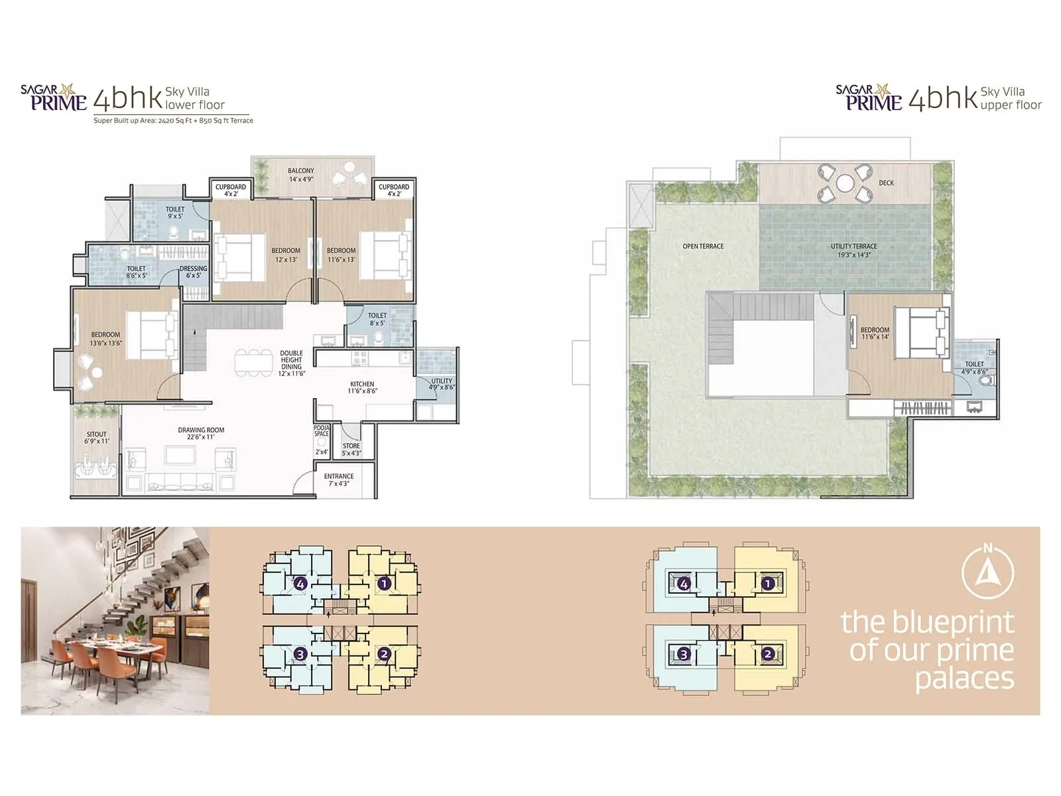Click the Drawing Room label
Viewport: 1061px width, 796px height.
click(201, 434)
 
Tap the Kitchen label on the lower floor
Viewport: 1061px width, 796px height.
click(362, 387)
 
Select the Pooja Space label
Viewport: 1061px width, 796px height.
click(322, 431)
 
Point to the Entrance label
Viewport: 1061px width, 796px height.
click(339, 480)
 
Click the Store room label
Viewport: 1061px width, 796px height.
click(351, 449)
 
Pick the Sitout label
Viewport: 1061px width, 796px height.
click(97, 438)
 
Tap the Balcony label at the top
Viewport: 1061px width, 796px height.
click(301, 174)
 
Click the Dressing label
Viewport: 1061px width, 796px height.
click(193, 272)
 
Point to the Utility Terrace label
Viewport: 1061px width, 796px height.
click(854, 250)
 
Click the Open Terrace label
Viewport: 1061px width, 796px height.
click(703, 246)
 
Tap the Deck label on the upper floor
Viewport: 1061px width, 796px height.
click(886, 183)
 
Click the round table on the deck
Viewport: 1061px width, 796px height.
click(845, 182)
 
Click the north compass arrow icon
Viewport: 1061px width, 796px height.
click(988, 571)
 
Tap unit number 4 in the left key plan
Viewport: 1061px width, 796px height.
click(301, 584)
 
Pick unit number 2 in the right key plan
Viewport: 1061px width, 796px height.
click(767, 654)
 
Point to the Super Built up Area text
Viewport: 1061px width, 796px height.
click(173, 121)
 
